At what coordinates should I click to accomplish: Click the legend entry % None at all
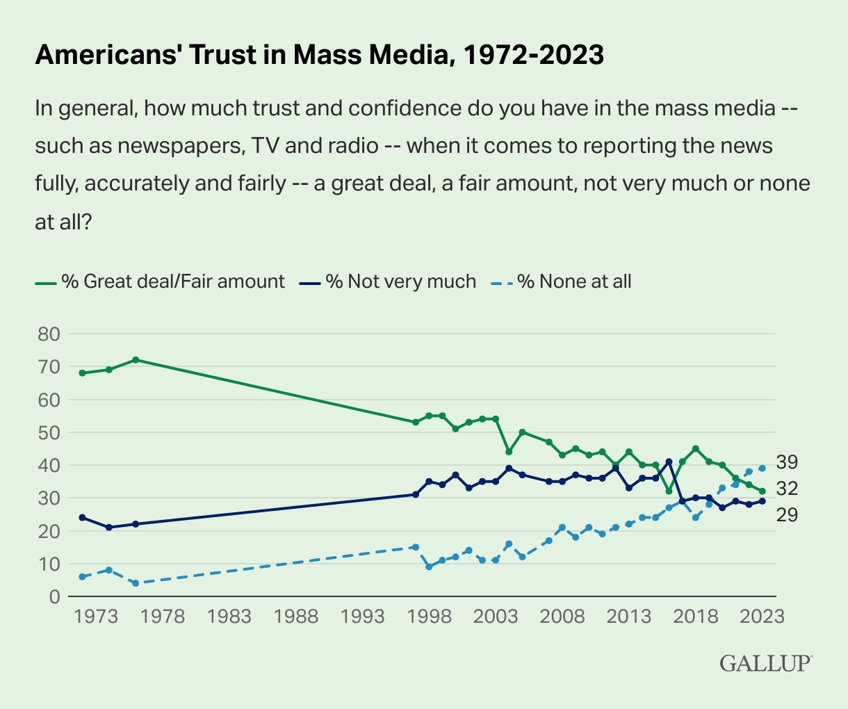[x=574, y=282]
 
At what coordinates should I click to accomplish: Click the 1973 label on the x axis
[x=95, y=617]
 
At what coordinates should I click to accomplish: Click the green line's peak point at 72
[x=136, y=360]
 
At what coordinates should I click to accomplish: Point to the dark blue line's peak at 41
[x=669, y=462]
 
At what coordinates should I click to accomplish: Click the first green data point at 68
[x=82, y=373]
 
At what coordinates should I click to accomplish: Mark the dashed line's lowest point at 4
[x=136, y=583]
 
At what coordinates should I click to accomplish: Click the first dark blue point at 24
[x=82, y=518]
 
